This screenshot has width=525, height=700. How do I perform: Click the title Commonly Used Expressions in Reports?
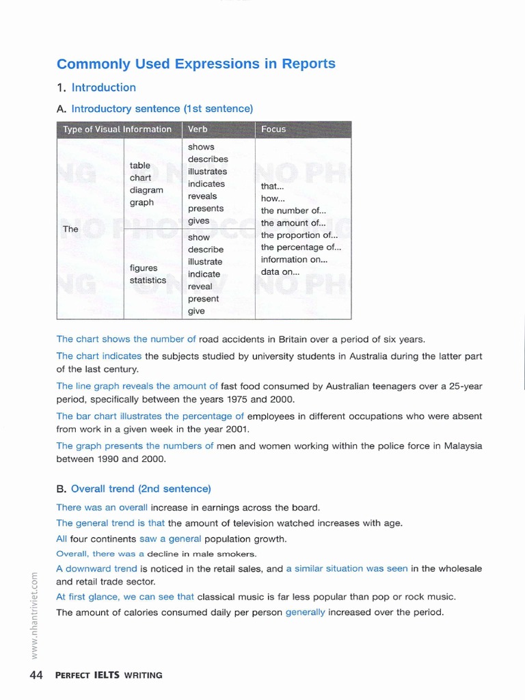196,64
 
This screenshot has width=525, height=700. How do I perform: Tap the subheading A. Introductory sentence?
155,109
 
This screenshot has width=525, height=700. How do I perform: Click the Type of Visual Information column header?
117,129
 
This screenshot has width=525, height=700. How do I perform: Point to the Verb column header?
198,129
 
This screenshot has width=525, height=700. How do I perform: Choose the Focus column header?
273,129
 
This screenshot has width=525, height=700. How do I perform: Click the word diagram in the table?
146,190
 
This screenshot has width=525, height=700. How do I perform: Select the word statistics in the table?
148,280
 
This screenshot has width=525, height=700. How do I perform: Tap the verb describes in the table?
208,159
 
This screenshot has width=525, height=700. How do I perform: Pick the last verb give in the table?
196,311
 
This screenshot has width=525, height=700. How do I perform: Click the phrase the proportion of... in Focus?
299,235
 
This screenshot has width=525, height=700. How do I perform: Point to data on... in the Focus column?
280,272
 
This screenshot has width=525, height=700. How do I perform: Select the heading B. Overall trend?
134,489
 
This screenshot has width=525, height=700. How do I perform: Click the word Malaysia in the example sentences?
463,446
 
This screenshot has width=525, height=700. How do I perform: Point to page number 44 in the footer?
36,675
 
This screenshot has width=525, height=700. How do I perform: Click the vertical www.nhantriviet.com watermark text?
33,615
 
